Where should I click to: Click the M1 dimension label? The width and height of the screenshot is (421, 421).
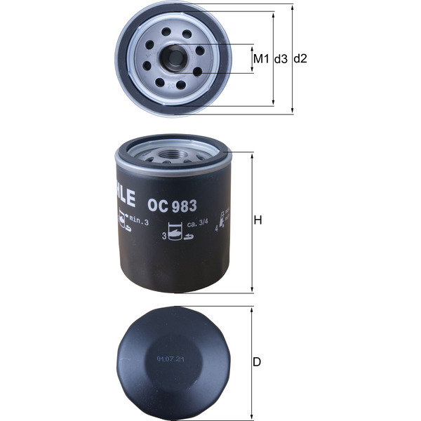(260, 59)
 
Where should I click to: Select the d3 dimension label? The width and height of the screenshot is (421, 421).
(281, 59)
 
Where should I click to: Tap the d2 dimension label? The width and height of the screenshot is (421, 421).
(300, 59)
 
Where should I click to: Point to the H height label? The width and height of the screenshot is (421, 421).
(258, 220)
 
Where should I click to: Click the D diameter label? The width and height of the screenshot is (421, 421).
(257, 362)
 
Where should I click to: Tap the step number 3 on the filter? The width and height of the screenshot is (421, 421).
(163, 237)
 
